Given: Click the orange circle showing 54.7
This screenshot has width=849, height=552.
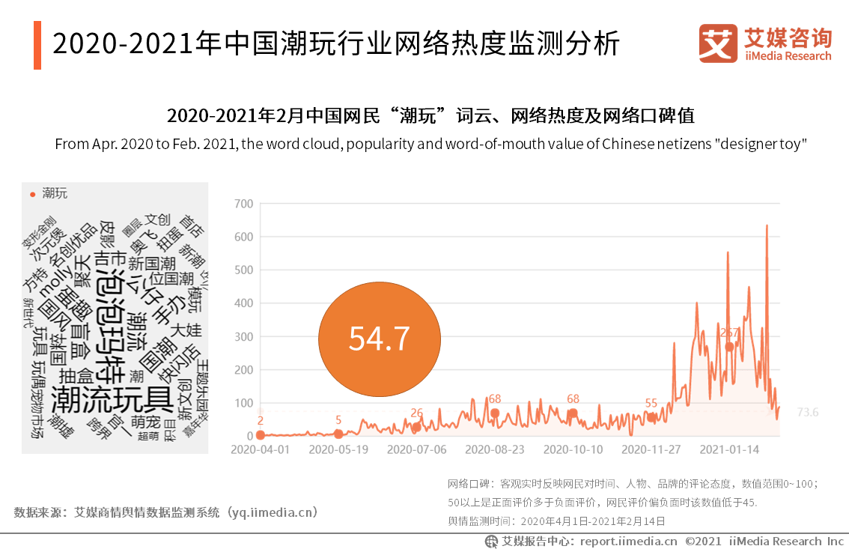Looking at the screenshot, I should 379,339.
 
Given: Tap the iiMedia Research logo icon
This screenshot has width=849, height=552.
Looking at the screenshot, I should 717,44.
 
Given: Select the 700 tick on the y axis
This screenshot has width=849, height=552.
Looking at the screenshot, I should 243,204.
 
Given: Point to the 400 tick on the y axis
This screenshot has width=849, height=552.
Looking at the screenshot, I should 243,303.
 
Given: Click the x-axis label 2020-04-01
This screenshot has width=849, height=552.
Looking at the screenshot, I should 260,450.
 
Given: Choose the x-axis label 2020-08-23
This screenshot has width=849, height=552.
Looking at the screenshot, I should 494,450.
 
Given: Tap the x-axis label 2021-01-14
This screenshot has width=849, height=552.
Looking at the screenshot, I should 728,450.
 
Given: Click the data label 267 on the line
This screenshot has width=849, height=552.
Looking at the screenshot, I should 729,332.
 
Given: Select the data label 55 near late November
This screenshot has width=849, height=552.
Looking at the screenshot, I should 651,403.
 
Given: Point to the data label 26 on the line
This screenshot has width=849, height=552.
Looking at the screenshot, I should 417,413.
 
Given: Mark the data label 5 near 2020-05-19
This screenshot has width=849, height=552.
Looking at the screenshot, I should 338,419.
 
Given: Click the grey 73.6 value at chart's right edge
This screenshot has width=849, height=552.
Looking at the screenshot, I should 808,412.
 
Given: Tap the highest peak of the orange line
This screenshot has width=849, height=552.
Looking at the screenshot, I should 767,225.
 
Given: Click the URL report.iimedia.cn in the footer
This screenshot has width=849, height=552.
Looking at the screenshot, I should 628,541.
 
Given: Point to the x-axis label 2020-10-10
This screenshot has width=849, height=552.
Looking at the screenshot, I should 573,450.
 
